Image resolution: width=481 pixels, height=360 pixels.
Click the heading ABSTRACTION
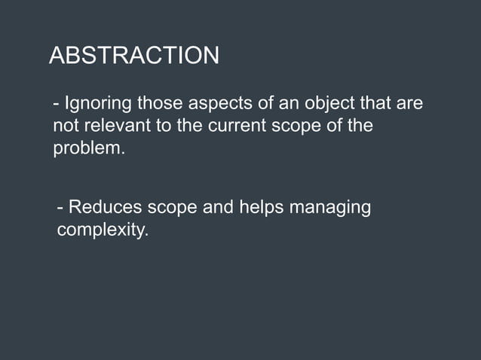click(x=134, y=56)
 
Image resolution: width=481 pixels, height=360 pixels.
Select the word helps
click(x=261, y=207)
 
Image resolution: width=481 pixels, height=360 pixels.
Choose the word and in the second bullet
click(x=219, y=207)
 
